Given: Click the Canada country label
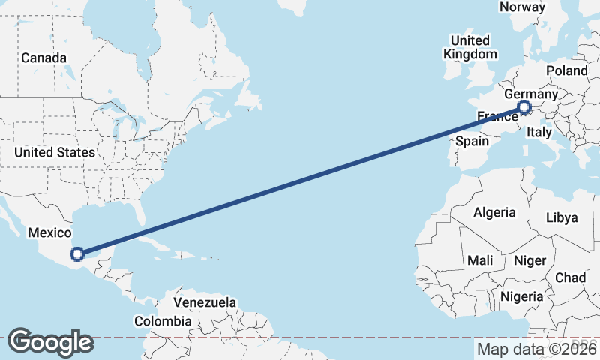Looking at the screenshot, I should tap(43, 58).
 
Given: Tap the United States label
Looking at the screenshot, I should tap(55, 152).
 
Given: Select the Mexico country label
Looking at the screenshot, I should tap(49, 233).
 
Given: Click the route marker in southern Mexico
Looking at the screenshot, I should tap(77, 254).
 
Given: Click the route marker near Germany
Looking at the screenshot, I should tap(524, 108).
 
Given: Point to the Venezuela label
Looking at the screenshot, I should tap(205, 302).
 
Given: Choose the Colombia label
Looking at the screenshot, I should tap(163, 321).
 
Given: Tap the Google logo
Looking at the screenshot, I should tap(50, 342).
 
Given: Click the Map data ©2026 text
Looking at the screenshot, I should tap(537, 349).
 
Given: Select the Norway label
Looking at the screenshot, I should tap(522, 7).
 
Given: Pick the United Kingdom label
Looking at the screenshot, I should tap(470, 47).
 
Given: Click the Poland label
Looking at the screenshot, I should tap(567, 70).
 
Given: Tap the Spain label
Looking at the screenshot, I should tap(472, 141).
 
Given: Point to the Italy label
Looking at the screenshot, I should tap(539, 132).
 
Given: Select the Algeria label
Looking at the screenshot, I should tap(494, 212).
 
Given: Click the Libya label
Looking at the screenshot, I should tap(562, 218).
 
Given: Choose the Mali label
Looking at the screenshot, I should tap(479, 260).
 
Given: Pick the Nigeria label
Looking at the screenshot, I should tap(521, 296).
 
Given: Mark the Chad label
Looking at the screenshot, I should tap(571, 277).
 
